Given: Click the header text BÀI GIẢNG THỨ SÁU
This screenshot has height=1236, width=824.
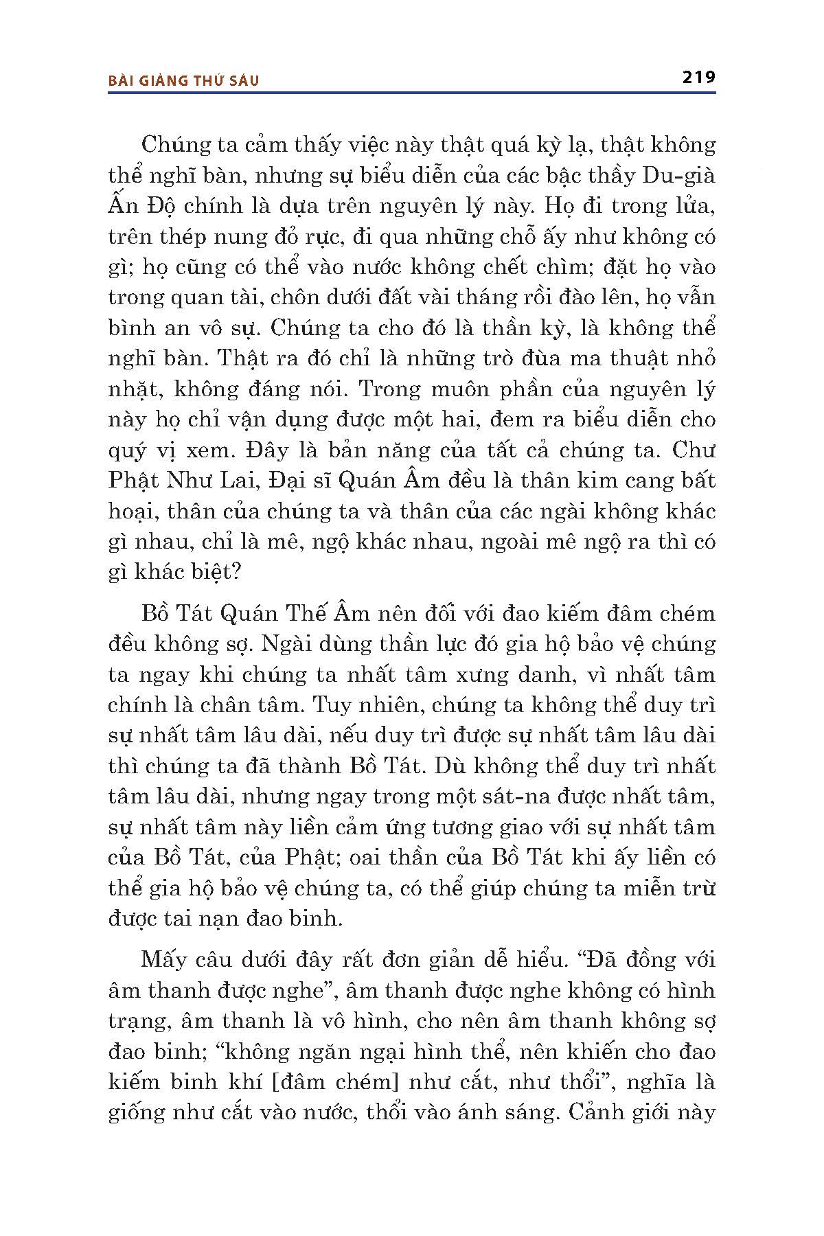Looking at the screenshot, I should pos(184,80).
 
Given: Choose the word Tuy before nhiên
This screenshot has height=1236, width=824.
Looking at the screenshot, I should pos(329,705).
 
